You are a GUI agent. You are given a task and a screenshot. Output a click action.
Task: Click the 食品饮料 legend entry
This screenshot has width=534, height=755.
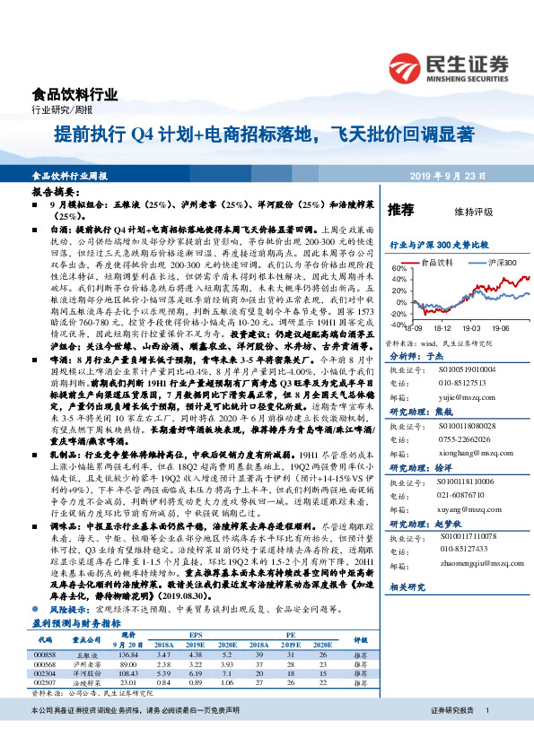coord(437,263)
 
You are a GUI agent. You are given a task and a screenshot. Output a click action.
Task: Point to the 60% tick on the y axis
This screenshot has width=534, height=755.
coord(398,268)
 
